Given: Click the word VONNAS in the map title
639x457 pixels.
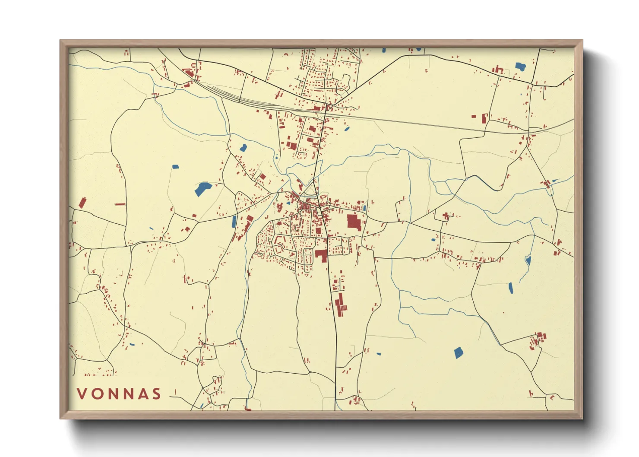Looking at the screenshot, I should pyautogui.click(x=119, y=394).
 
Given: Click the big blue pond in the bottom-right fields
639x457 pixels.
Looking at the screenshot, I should pyautogui.click(x=458, y=353).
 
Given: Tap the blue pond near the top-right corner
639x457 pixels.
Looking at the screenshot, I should pyautogui.click(x=520, y=67).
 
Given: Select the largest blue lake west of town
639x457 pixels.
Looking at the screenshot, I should pyautogui.click(x=202, y=189).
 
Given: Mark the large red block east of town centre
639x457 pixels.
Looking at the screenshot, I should pyautogui.click(x=354, y=222).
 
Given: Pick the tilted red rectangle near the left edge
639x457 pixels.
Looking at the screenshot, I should pyautogui.click(x=82, y=203).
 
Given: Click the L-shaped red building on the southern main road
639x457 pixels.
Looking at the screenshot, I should pyautogui.click(x=321, y=254).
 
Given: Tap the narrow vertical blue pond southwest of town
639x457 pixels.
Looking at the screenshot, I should pyautogui.click(x=234, y=221).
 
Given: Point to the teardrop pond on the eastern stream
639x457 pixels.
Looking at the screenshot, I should pyautogui.click(x=528, y=260).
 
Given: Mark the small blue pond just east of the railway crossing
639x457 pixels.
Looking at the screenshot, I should pyautogui.click(x=346, y=128).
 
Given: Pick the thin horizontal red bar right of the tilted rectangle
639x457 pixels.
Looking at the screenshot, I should pyautogui.click(x=120, y=204).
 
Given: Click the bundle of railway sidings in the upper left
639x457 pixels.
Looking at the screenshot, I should pyautogui.click(x=242, y=98).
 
